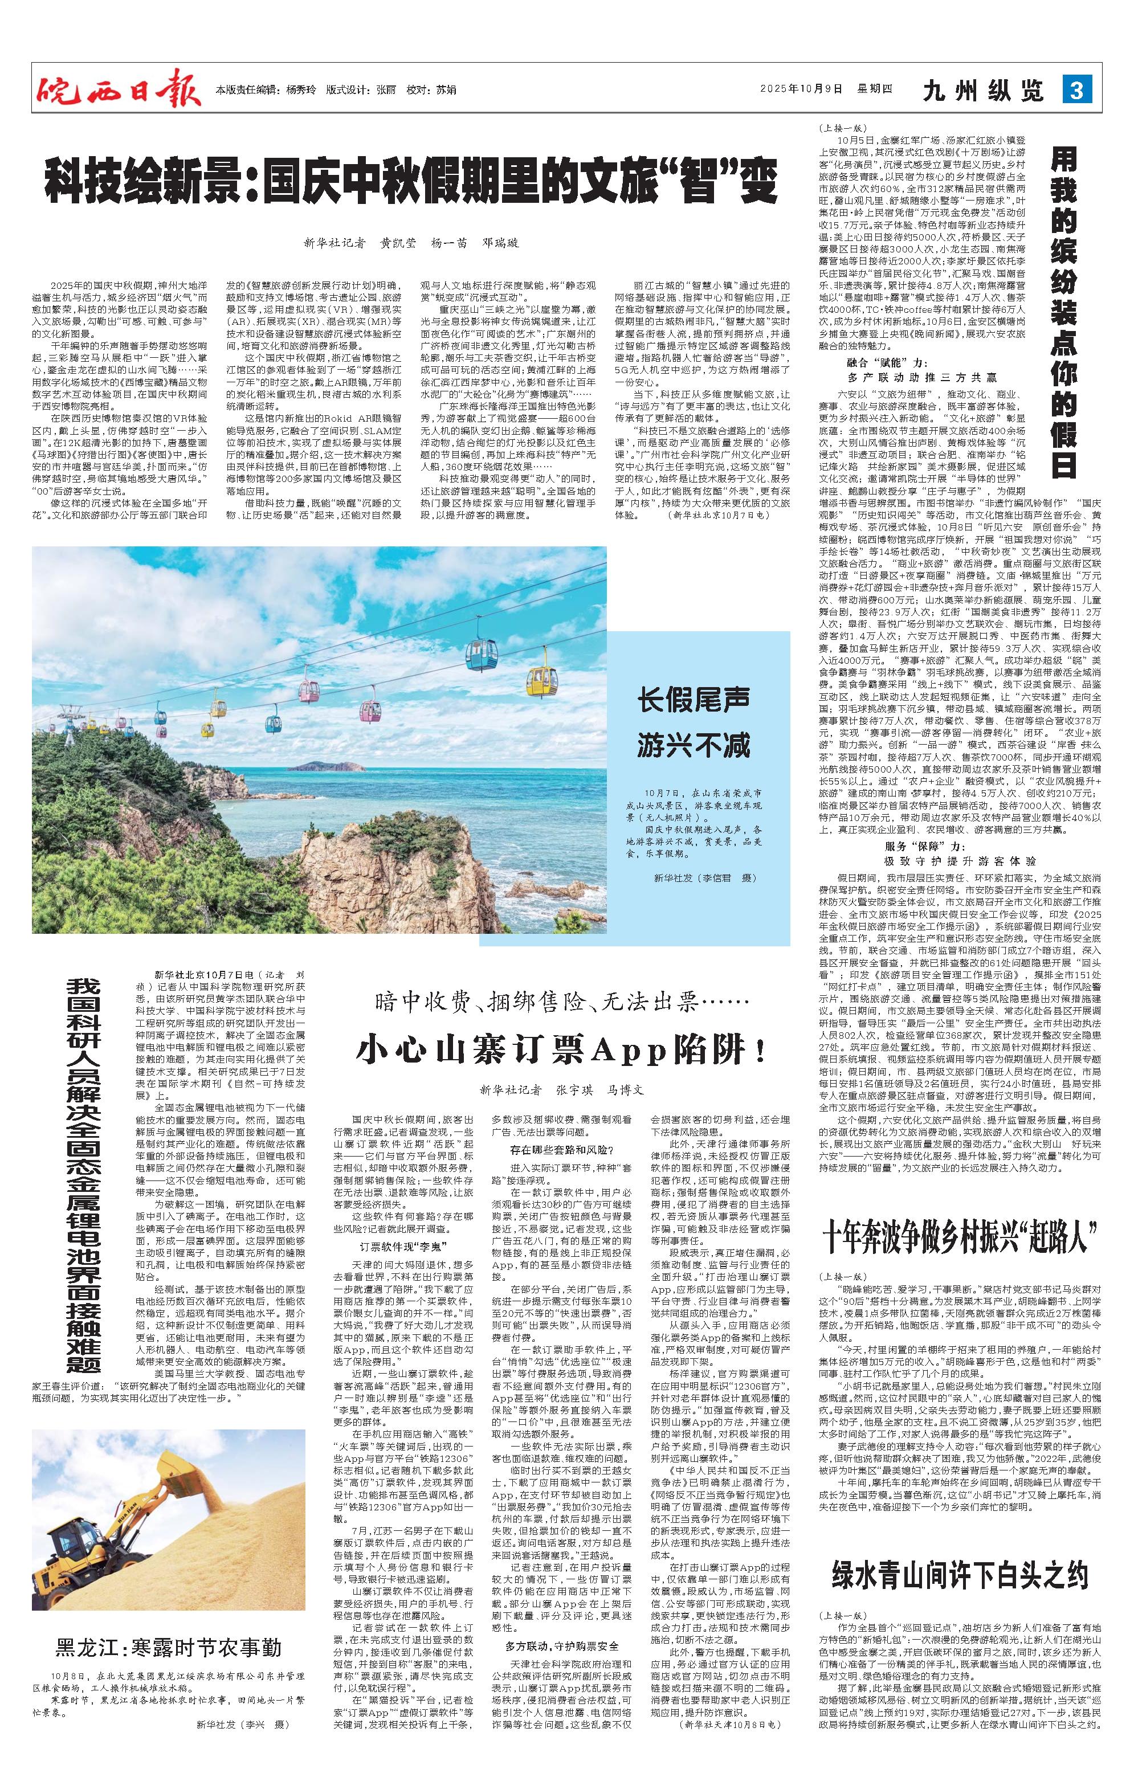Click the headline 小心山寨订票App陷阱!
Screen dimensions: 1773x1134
pyautogui.click(x=560, y=1048)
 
